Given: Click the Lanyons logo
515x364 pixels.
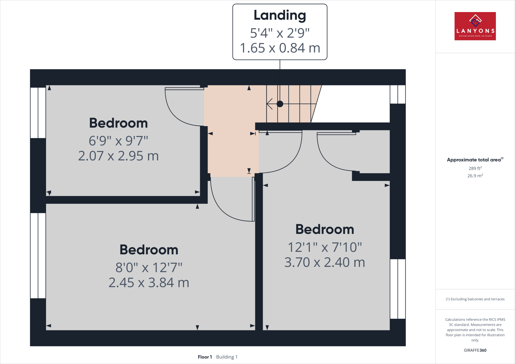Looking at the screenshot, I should click(475, 26).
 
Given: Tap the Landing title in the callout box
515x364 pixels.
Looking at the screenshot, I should click(280, 16).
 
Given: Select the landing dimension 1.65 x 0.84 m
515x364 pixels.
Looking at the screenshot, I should click(280, 48).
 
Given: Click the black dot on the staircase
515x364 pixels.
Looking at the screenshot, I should click(280, 104).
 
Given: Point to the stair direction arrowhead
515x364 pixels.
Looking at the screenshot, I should click(269, 104).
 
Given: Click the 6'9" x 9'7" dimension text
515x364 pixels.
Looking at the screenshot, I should click(118, 141).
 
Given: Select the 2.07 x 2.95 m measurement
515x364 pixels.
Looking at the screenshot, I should click(118, 156).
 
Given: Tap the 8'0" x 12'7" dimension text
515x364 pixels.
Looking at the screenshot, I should click(149, 267).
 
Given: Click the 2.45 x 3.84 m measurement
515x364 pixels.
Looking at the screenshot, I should click(149, 283).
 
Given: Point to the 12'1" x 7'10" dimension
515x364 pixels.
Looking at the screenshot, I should click(325, 247).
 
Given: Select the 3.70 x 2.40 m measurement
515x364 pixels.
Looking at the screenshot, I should click(325, 262).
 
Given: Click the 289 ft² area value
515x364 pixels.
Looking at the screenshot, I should click(475, 168).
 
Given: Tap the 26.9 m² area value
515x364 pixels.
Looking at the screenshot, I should click(475, 176).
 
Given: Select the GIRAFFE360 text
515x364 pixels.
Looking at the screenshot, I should click(475, 350).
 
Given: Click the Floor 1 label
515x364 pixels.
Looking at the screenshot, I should click(205, 357).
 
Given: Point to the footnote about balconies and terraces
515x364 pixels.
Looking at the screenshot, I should click(475, 299).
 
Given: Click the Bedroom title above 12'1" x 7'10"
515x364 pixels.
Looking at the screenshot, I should click(325, 229).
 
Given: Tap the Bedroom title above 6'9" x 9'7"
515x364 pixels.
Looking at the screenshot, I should click(118, 123).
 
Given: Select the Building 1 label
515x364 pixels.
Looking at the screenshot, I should click(227, 357).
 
